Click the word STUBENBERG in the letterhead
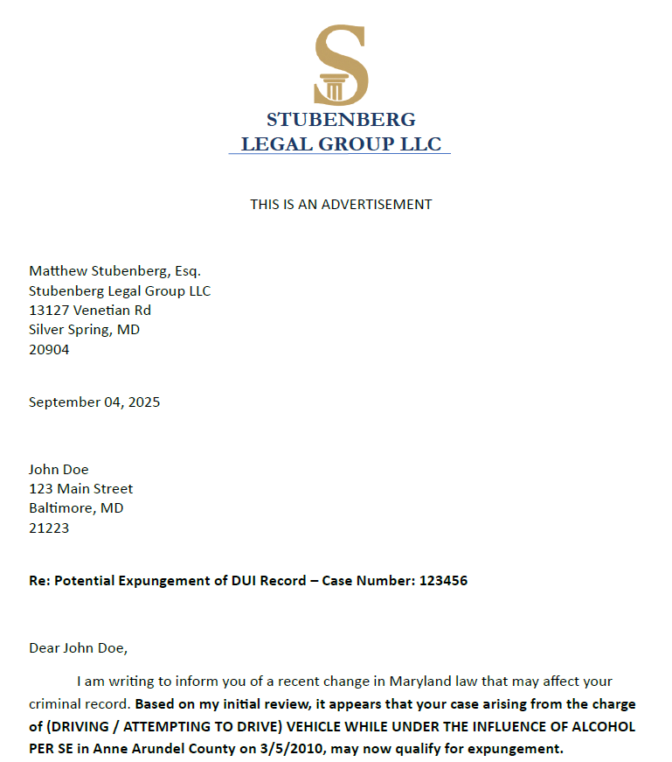tap(341, 120)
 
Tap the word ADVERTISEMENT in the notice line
tap(377, 205)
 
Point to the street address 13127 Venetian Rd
tap(90, 310)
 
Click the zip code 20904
tap(49, 349)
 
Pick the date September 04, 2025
tap(94, 402)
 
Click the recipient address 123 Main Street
tap(81, 489)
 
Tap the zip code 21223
tap(49, 528)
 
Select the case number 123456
tap(443, 580)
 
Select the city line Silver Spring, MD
tap(84, 330)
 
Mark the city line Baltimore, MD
tap(76, 508)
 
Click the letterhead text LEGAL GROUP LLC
tap(341, 144)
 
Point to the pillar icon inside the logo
tap(332, 88)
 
